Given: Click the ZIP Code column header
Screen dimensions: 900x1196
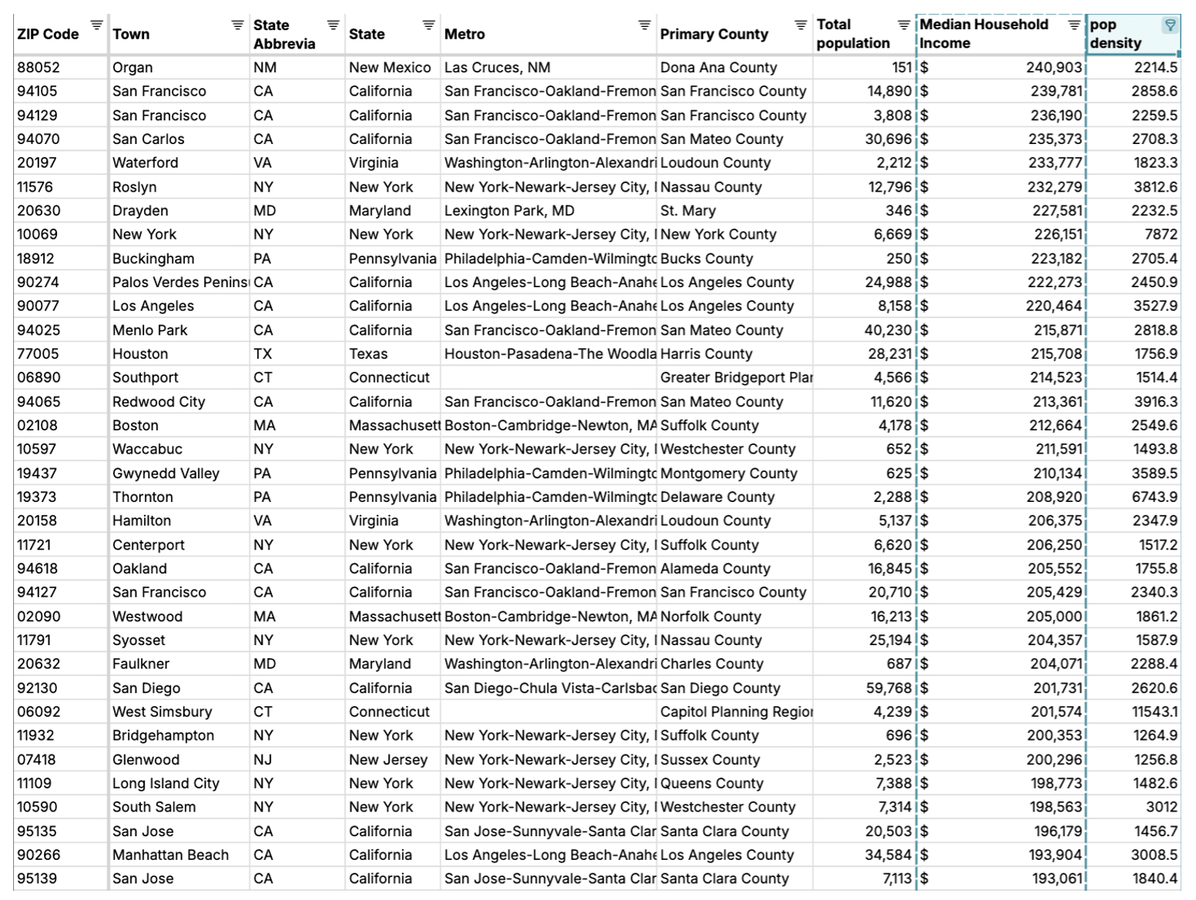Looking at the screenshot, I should click(48, 34).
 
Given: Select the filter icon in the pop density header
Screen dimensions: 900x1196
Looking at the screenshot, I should click(1170, 25).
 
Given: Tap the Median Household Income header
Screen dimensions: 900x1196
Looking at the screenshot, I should click(983, 34).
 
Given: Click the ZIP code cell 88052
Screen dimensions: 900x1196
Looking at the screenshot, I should click(39, 68).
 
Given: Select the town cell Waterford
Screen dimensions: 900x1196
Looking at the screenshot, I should click(145, 163).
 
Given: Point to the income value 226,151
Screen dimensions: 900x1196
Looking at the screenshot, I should click(1054, 235).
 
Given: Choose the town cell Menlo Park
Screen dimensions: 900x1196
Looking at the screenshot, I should click(150, 330).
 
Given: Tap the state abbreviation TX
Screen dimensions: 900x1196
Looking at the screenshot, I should click(263, 354).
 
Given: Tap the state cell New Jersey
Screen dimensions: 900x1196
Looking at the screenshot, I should click(387, 760).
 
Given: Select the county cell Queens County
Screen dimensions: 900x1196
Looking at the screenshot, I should click(712, 784).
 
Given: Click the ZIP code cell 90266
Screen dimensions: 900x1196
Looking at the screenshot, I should click(39, 855).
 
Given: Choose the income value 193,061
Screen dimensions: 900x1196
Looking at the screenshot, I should click(1054, 879).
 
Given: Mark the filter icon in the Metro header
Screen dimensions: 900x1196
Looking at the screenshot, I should click(644, 25).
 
